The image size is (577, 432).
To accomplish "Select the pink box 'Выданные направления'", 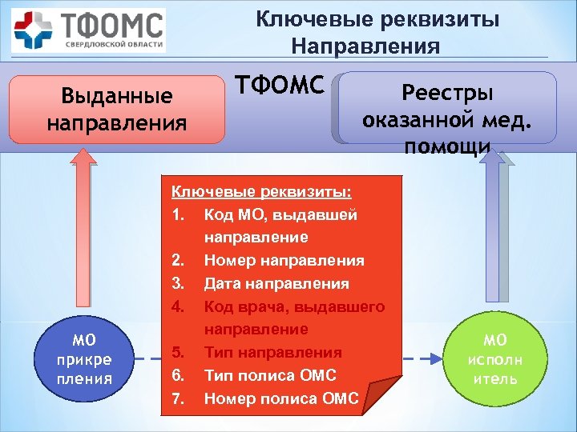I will tap(116, 110).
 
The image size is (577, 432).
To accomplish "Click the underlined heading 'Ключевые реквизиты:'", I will tap(262, 193).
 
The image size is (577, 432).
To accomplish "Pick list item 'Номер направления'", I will tap(284, 261).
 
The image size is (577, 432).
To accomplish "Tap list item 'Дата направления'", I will tap(276, 284).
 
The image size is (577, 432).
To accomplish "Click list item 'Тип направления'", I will tap(272, 353).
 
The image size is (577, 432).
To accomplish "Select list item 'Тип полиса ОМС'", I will tap(270, 376).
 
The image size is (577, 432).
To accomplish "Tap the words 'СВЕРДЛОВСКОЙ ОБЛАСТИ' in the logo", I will tap(115, 46).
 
